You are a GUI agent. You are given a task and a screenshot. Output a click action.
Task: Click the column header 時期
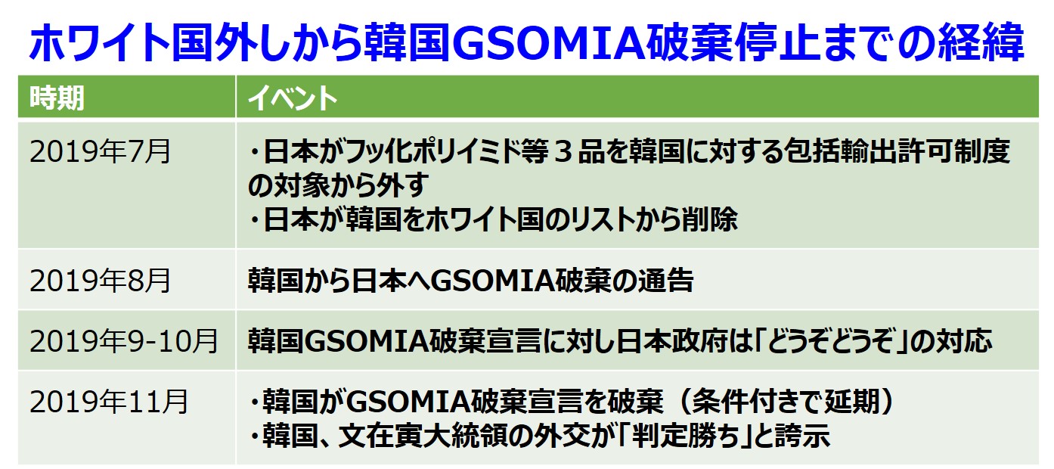pos(57,98)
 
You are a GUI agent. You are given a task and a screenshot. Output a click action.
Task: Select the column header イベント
pos(293,98)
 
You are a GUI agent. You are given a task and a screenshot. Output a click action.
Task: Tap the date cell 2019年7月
pos(100,151)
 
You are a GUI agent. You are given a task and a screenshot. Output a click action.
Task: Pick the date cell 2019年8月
pos(100,281)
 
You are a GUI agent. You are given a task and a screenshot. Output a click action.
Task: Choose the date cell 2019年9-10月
pos(124,341)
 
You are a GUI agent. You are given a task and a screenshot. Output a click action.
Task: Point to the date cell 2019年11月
pos(109,402)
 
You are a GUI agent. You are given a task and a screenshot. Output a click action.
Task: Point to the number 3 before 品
pos(563,152)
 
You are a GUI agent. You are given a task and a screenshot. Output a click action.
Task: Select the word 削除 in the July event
pos(710,219)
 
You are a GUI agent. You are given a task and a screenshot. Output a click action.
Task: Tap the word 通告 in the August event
pos(665,281)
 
